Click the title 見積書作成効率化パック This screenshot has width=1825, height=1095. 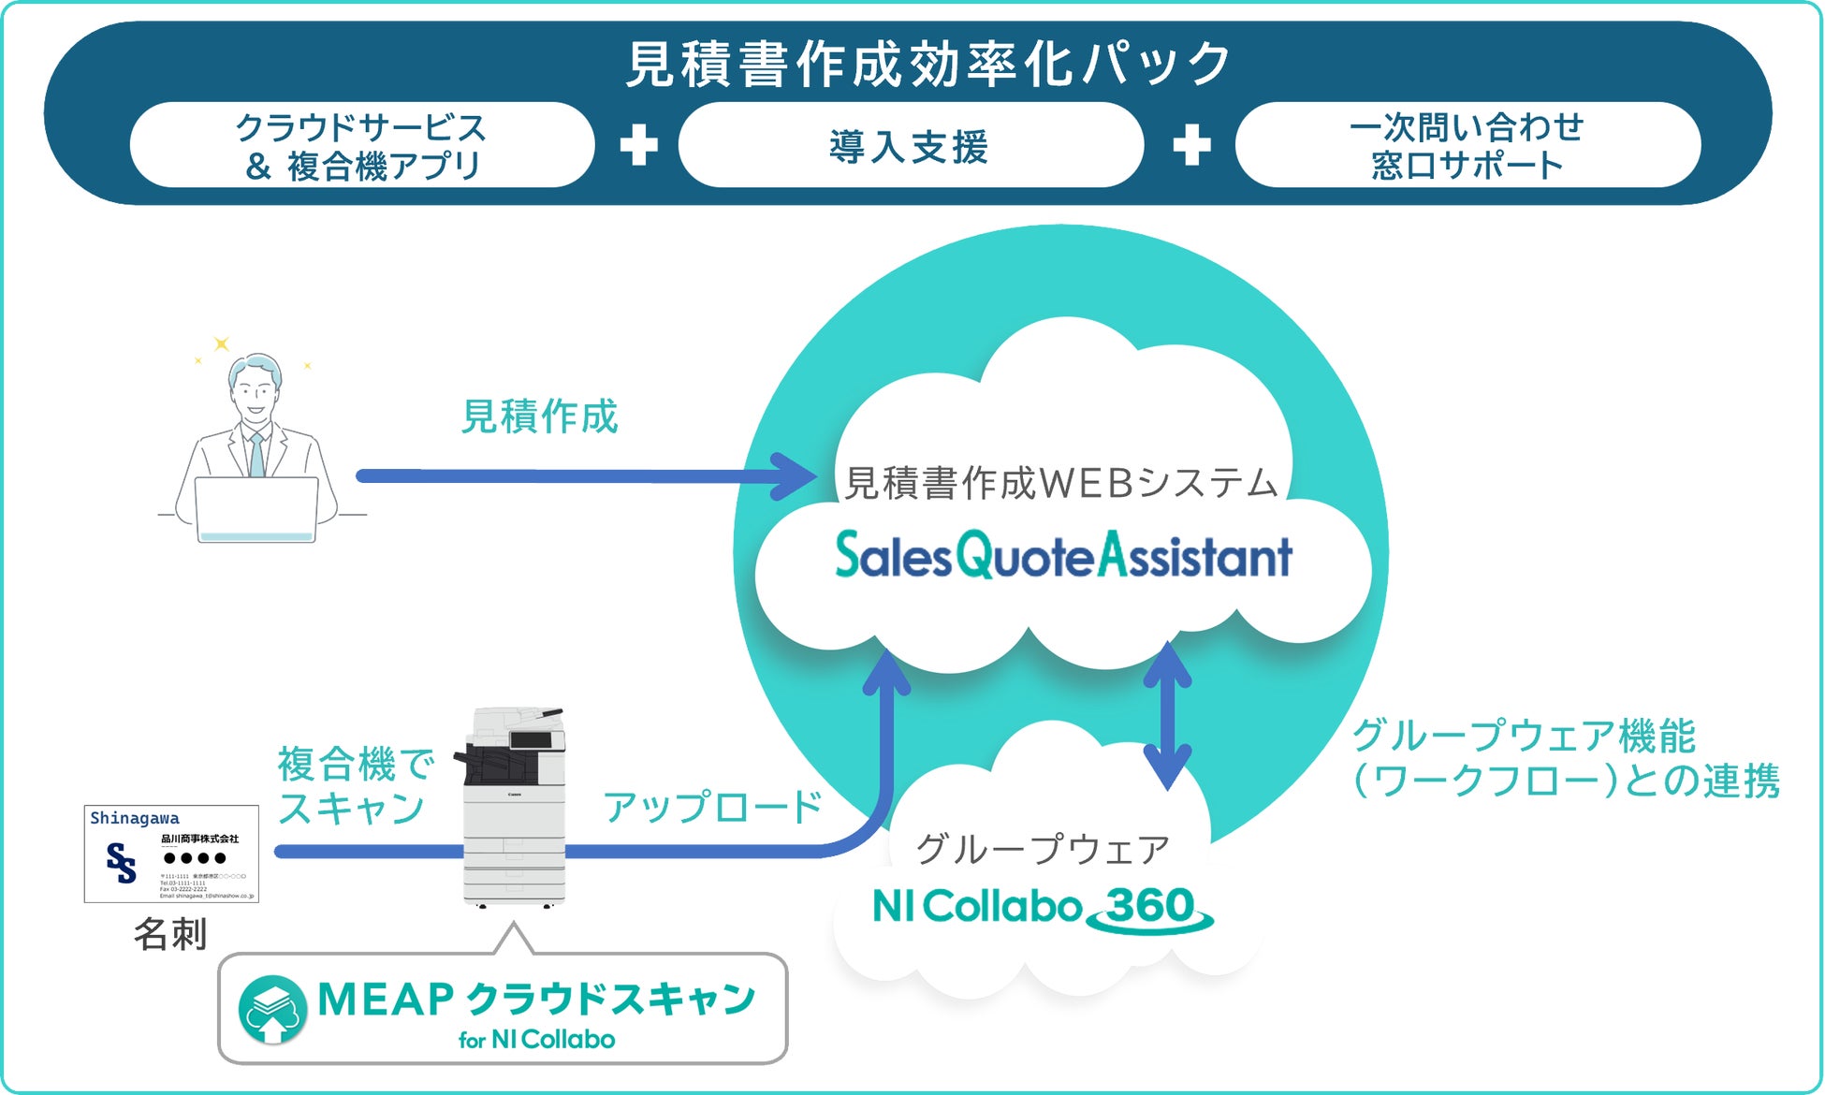[x=927, y=64]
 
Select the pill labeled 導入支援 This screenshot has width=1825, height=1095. [x=910, y=146]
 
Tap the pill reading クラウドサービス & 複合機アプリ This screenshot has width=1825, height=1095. [x=362, y=146]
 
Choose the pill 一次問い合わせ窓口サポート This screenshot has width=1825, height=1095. [x=1467, y=146]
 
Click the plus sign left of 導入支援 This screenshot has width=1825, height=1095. [x=638, y=145]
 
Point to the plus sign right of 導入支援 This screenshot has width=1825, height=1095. [x=1191, y=145]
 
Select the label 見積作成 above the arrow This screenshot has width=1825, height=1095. [x=540, y=416]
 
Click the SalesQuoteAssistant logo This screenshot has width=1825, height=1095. [x=1063, y=555]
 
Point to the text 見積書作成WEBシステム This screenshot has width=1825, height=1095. [x=1061, y=483]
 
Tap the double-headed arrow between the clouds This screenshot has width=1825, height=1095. [x=1168, y=716]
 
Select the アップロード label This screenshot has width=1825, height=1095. [x=712, y=807]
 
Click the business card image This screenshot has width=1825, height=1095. [x=171, y=854]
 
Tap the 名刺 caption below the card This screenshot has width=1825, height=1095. [x=170, y=934]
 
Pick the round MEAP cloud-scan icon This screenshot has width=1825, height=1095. [x=272, y=1010]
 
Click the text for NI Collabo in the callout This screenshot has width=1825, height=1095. [x=536, y=1040]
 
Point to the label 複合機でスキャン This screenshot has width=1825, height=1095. [x=355, y=786]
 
